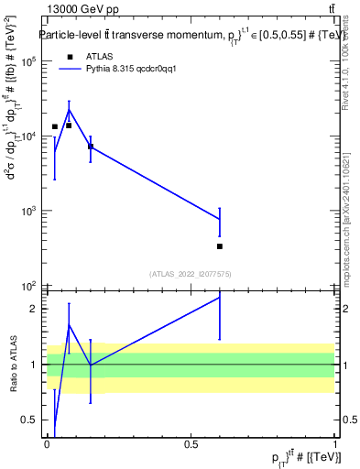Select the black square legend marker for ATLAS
(69, 56)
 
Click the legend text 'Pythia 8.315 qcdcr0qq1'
(125, 69)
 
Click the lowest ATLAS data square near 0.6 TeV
(220, 245)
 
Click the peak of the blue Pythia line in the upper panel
(69, 110)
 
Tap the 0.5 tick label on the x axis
(191, 443)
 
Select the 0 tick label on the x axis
(47, 443)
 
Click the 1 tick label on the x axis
(335, 443)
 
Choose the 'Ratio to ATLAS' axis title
(13, 365)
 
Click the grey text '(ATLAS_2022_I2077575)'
(191, 273)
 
